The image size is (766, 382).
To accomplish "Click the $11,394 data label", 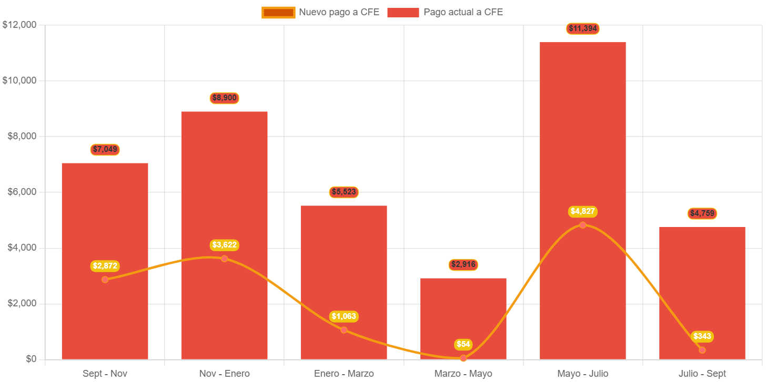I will click(x=583, y=28).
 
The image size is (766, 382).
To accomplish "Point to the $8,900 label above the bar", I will click(x=224, y=98).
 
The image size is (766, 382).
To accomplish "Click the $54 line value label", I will click(x=463, y=344).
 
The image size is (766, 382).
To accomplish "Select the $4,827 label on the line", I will click(x=583, y=211).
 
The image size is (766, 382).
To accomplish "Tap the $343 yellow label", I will click(x=702, y=336).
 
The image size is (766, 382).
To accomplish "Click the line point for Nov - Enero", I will click(x=224, y=259).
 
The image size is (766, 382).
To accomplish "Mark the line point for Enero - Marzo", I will click(x=344, y=330).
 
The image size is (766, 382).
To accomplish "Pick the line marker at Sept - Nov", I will click(x=105, y=280).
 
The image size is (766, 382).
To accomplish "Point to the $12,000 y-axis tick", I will click(x=19, y=25).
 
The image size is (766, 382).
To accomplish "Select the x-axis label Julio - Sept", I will click(x=702, y=374).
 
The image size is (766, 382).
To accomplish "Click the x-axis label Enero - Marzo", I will click(x=344, y=374).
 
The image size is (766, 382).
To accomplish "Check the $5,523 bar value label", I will click(x=344, y=192).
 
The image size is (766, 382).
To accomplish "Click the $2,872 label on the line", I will click(x=105, y=266).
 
